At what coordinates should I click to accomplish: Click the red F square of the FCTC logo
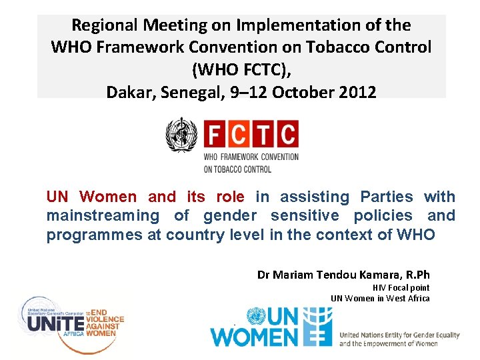pyautogui.click(x=216, y=135)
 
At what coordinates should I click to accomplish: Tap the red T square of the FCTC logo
pyautogui.click(x=265, y=135)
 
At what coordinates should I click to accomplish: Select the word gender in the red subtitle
pyautogui.click(x=229, y=216)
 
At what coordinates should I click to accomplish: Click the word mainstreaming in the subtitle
pyautogui.click(x=103, y=216)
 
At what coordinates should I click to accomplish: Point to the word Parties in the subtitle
pyautogui.click(x=386, y=197)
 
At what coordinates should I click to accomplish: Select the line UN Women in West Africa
pyautogui.click(x=380, y=298)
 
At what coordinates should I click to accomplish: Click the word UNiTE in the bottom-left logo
pyautogui.click(x=56, y=323)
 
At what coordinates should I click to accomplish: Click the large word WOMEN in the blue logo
pyautogui.click(x=254, y=336)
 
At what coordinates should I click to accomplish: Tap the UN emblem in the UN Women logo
pyautogui.click(x=256, y=315)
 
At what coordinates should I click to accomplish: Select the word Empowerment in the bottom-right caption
pyautogui.click(x=389, y=344)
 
